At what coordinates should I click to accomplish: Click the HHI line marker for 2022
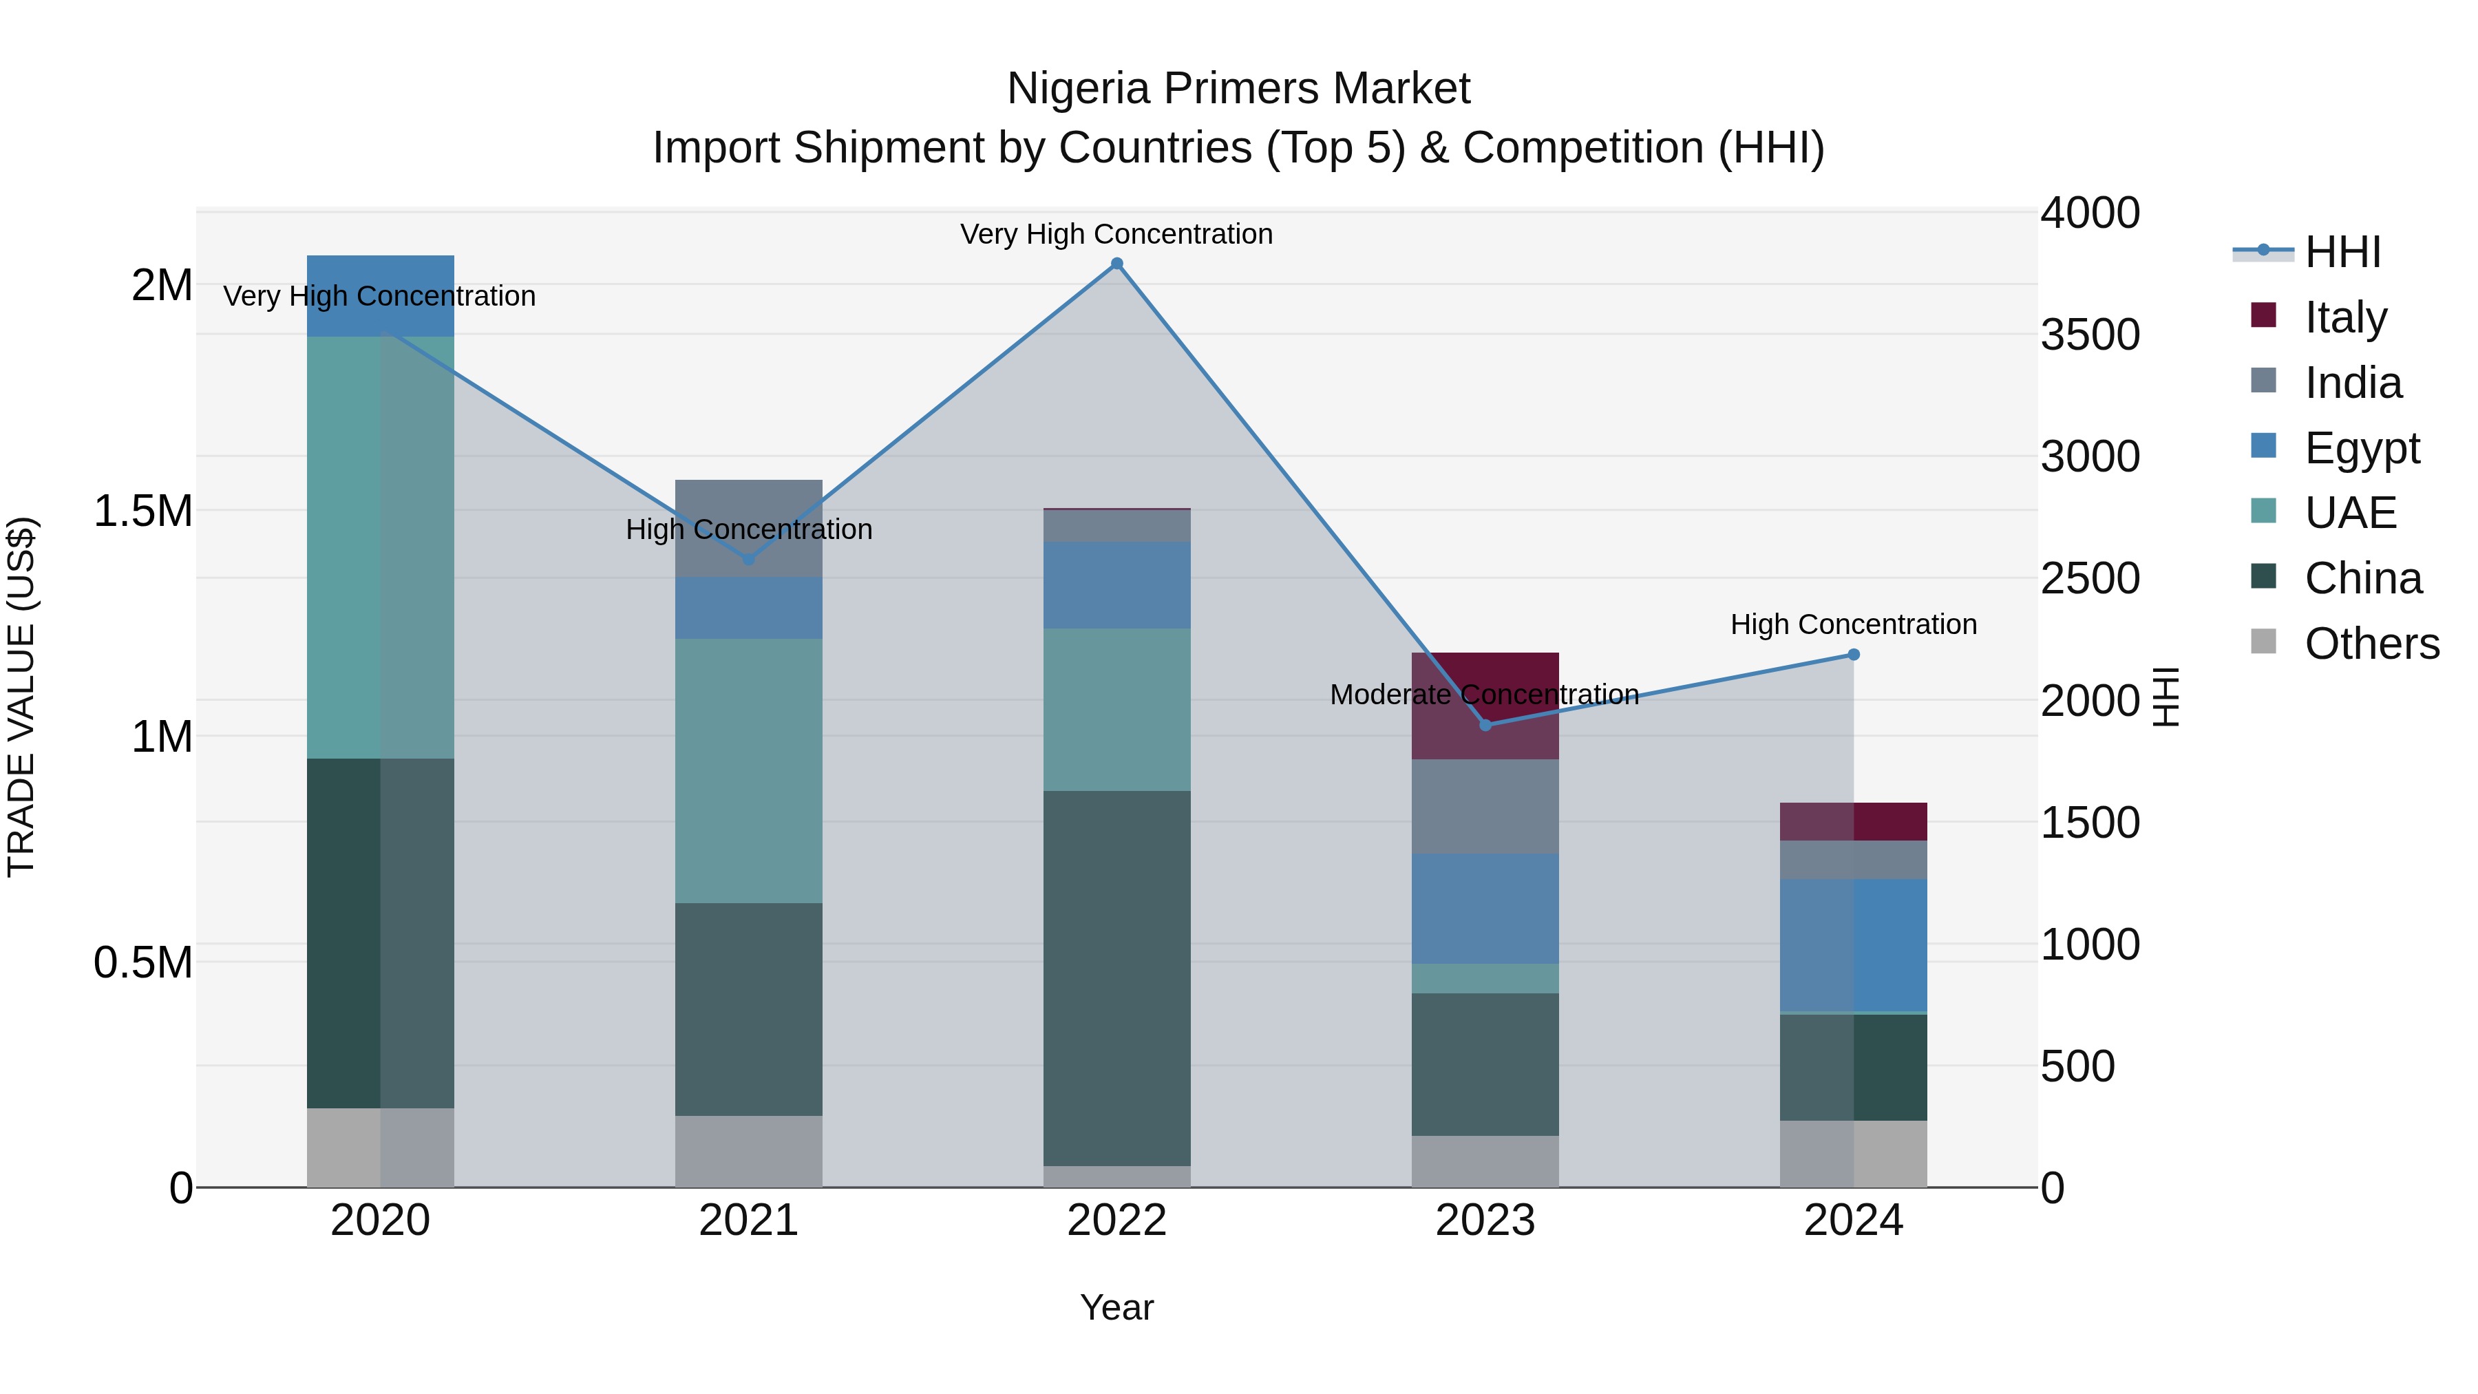pos(1117,264)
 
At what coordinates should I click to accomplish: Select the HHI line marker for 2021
pos(748,559)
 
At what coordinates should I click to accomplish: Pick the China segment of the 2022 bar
pos(1117,978)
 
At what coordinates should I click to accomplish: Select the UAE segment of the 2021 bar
pos(748,770)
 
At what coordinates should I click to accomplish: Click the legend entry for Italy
pos(2345,317)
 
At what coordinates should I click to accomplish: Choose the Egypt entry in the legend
pos(2362,447)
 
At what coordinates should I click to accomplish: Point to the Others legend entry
pos(2371,644)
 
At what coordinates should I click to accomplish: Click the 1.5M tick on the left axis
pos(142,511)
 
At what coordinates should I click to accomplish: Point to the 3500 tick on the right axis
pos(2090,335)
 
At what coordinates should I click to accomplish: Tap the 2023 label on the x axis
pos(1485,1220)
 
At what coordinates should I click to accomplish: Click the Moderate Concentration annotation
pos(1484,695)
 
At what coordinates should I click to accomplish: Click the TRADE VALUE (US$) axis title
pos(21,697)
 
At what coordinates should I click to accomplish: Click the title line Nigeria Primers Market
pos(1238,89)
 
